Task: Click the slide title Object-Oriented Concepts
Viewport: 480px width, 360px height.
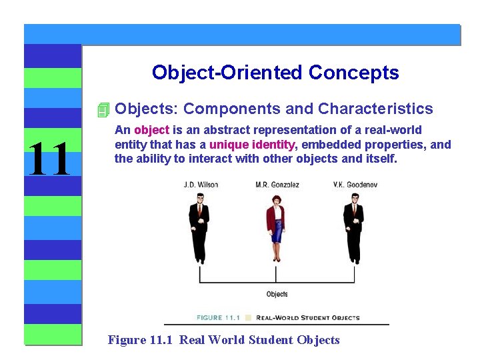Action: click(275, 72)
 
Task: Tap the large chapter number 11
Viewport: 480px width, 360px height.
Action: click(48, 160)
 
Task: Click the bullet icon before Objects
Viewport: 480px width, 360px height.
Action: click(102, 109)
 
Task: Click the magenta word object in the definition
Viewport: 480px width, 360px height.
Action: click(151, 130)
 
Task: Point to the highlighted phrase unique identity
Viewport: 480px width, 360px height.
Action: click(252, 145)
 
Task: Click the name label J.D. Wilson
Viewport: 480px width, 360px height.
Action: click(201, 185)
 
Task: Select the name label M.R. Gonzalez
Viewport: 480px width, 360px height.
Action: click(277, 185)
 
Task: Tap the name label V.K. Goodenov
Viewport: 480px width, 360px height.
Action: click(355, 185)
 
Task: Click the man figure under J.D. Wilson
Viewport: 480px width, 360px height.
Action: click(199, 227)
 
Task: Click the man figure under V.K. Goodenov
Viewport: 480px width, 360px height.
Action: click(353, 227)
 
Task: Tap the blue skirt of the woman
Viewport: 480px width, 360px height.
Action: click(276, 234)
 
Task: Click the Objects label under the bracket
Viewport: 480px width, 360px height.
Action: click(277, 294)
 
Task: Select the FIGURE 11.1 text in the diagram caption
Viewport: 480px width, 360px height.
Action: click(219, 317)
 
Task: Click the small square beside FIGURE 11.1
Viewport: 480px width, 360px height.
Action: click(249, 317)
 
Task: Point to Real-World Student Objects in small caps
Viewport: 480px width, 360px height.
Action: click(307, 317)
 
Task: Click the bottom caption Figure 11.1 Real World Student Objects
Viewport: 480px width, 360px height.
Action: click(224, 340)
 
